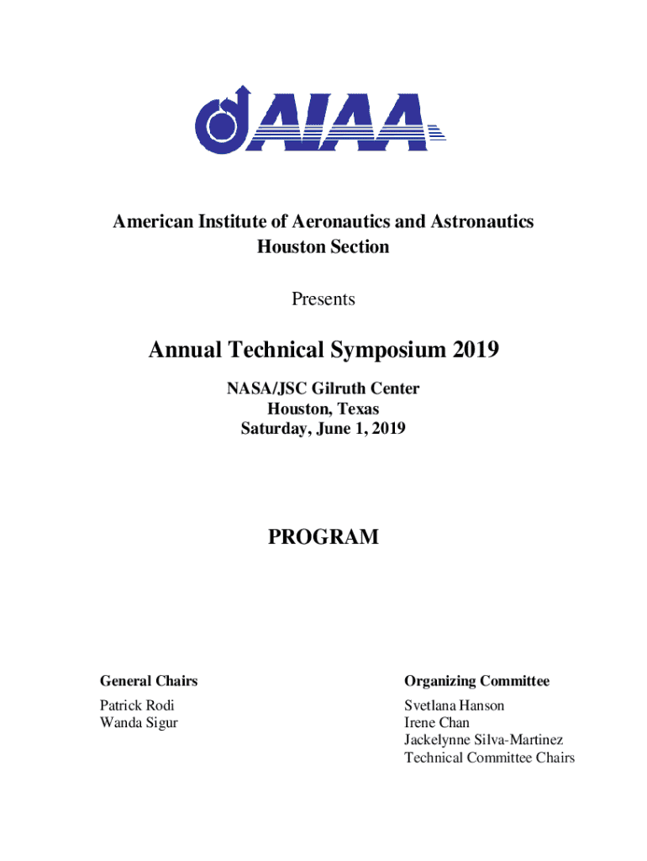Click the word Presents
click(x=323, y=299)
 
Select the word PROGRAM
click(x=323, y=537)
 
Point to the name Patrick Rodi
click(x=137, y=705)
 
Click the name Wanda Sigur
click(x=139, y=722)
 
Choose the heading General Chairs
click(x=149, y=680)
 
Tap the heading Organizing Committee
click(x=476, y=680)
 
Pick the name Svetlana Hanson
click(x=454, y=705)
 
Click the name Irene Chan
click(x=437, y=722)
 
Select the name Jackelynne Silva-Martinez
click(x=483, y=740)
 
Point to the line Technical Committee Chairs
click(x=489, y=758)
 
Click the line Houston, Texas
click(x=323, y=409)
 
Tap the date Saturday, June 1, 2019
click(x=323, y=429)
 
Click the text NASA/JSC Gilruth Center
click(x=323, y=389)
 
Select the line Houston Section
click(x=323, y=247)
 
